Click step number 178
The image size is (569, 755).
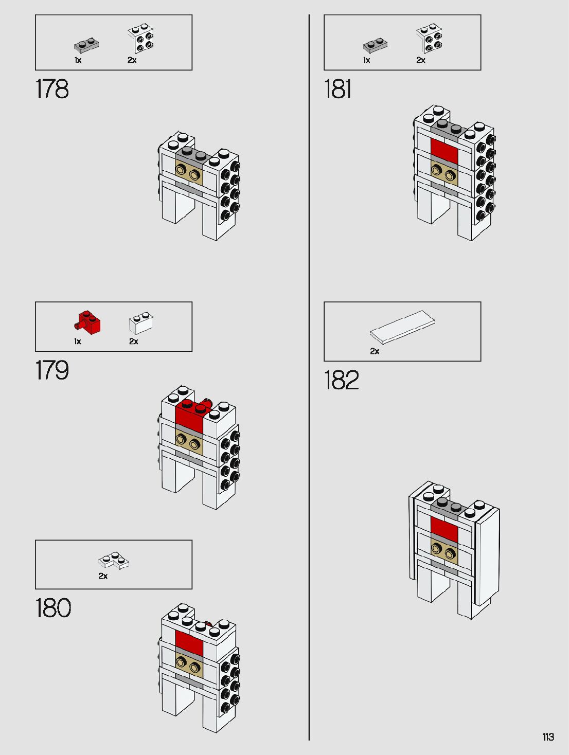pyautogui.click(x=52, y=89)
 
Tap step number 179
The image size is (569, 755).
pyautogui.click(x=52, y=370)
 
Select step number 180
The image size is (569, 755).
pyautogui.click(x=53, y=608)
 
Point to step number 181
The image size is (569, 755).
pyautogui.click(x=337, y=89)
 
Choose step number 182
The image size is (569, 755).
pyautogui.click(x=341, y=381)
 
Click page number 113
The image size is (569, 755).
pyautogui.click(x=548, y=737)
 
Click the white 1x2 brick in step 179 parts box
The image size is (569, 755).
pyautogui.click(x=140, y=322)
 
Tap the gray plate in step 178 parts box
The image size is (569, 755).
pyautogui.click(x=86, y=45)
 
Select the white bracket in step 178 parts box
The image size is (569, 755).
pyautogui.click(x=141, y=40)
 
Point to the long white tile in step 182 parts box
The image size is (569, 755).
pyautogui.click(x=402, y=326)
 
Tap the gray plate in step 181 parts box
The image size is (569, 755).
pyautogui.click(x=375, y=45)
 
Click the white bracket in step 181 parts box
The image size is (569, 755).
pyautogui.click(x=429, y=40)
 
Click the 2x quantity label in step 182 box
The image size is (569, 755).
pyautogui.click(x=375, y=351)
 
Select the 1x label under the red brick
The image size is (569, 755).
pyautogui.click(x=78, y=341)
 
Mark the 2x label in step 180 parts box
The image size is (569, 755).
pyautogui.click(x=103, y=576)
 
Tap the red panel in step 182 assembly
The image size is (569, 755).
pyautogui.click(x=444, y=529)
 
